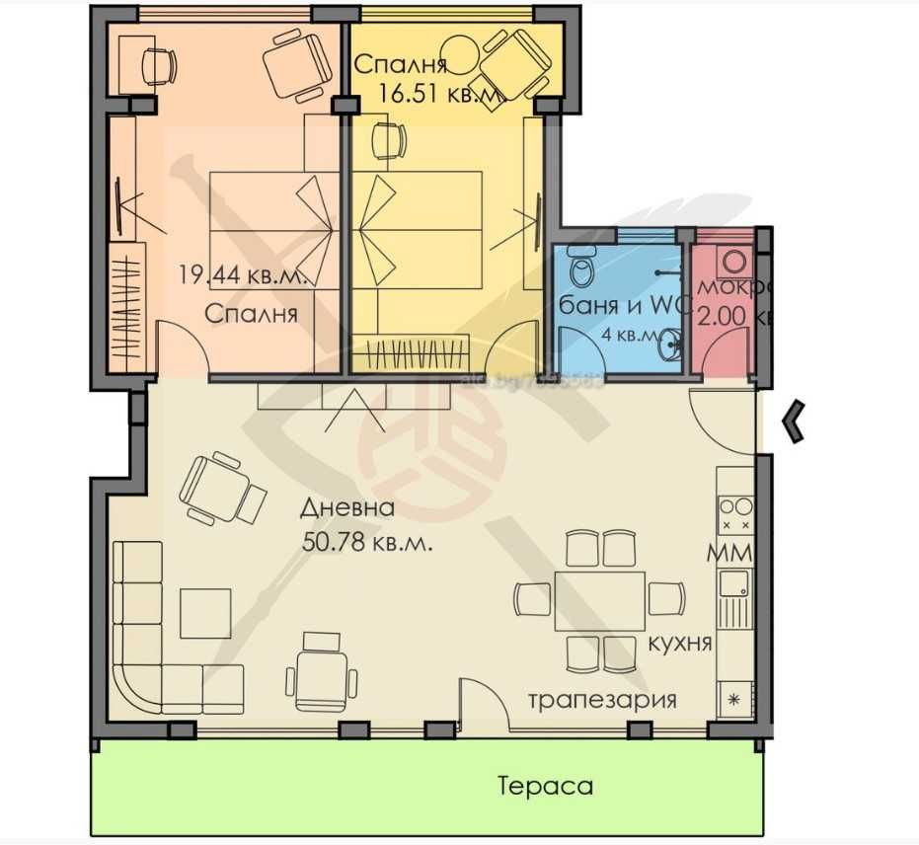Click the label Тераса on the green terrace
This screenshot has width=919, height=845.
(546, 786)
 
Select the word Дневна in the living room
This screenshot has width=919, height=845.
(348, 509)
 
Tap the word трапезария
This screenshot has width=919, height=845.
(602, 700)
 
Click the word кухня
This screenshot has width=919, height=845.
(680, 643)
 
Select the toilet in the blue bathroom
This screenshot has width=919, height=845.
(581, 267)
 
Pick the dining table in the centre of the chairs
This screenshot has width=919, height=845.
(600, 600)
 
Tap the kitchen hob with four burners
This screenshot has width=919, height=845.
(735, 514)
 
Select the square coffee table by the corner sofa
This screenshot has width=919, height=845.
(207, 613)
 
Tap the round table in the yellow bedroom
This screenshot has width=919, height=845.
(461, 52)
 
